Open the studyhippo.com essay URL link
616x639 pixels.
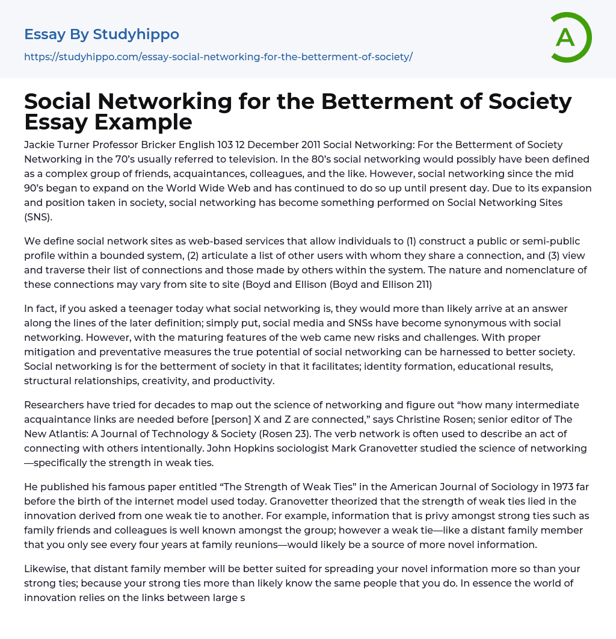pyautogui.click(x=218, y=57)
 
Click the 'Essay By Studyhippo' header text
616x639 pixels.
pyautogui.click(x=102, y=34)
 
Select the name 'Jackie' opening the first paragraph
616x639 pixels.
pyautogui.click(x=39, y=145)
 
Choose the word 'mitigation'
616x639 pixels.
pyautogui.click(x=50, y=352)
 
